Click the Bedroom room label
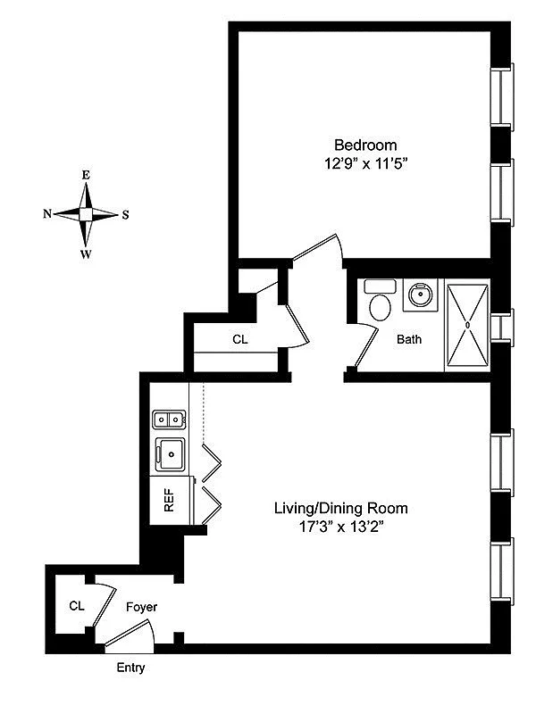pos(365,145)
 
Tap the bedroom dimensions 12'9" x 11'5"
pos(365,163)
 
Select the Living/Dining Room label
pos(340,508)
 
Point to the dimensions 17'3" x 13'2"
pos(340,527)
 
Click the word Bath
pos(409,339)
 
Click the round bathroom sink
pos(420,295)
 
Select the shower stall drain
pos(467,325)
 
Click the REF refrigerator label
pos(169,500)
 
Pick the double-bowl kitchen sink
pos(170,419)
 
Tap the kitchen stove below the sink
pos(171,454)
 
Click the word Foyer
pos(142,607)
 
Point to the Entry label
pos(130,668)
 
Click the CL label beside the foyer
pos(77,606)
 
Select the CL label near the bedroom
pos(240,339)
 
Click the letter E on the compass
pos(86,175)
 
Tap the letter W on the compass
pos(86,254)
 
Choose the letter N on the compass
pos(47,213)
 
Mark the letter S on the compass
pos(125,214)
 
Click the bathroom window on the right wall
pos(502,328)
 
